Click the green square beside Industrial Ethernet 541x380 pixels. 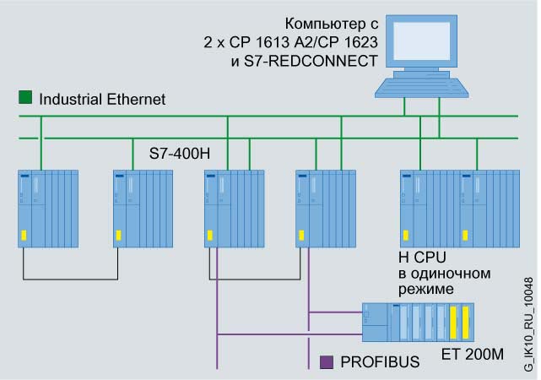tap(24, 97)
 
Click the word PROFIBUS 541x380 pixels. tap(379, 362)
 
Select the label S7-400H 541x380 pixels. tap(178, 154)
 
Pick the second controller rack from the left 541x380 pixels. tap(143, 208)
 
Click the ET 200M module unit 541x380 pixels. tap(417, 321)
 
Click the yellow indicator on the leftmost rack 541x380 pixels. tap(24, 236)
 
